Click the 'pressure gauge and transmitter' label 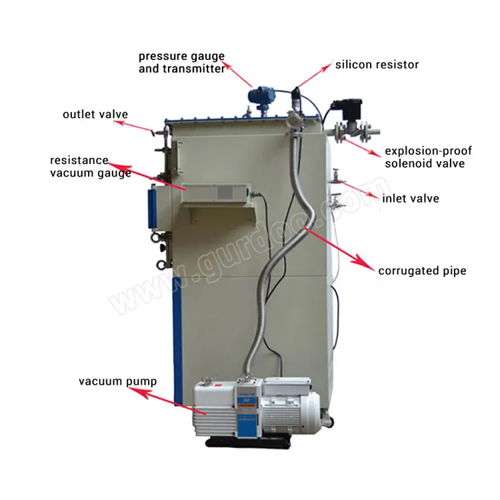pos(181,62)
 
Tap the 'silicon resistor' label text pos(377,65)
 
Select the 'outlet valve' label pos(95,114)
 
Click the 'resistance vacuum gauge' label pos(90,167)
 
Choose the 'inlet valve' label pos(411,199)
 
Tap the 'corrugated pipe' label pos(422,271)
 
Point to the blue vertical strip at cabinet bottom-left pos(177,347)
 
